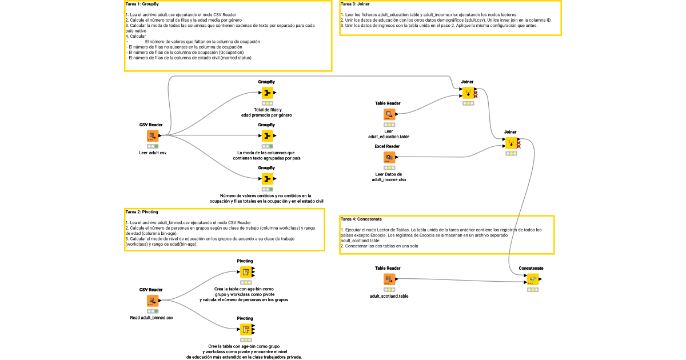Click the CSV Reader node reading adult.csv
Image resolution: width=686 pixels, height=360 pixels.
152,136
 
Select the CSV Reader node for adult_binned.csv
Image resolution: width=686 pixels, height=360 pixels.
152,301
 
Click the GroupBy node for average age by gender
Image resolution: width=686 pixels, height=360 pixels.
267,93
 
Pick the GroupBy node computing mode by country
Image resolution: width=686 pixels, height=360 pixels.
267,136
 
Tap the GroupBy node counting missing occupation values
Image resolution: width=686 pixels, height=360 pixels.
267,179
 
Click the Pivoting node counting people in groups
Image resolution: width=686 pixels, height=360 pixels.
245,272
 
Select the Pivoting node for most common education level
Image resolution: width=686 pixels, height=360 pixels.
245,329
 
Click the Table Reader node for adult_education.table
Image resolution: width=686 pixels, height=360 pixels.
389,114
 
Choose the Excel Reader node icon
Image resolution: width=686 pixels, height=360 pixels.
389,157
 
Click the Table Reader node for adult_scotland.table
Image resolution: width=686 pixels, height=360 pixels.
389,279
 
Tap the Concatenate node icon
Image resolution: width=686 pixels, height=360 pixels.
532,279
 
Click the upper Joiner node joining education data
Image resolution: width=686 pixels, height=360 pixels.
468,93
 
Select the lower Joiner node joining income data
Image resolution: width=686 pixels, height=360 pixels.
510,143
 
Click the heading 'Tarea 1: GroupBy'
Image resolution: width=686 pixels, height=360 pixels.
142,5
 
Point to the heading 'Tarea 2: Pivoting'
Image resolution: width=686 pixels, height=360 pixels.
142,212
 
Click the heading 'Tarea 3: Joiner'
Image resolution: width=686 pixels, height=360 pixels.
355,5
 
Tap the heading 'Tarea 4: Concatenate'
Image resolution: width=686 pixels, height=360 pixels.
361,219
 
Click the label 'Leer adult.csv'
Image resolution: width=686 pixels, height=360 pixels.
153,153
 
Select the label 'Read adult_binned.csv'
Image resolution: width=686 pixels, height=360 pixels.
151,317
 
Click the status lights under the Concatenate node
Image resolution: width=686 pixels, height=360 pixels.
532,290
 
